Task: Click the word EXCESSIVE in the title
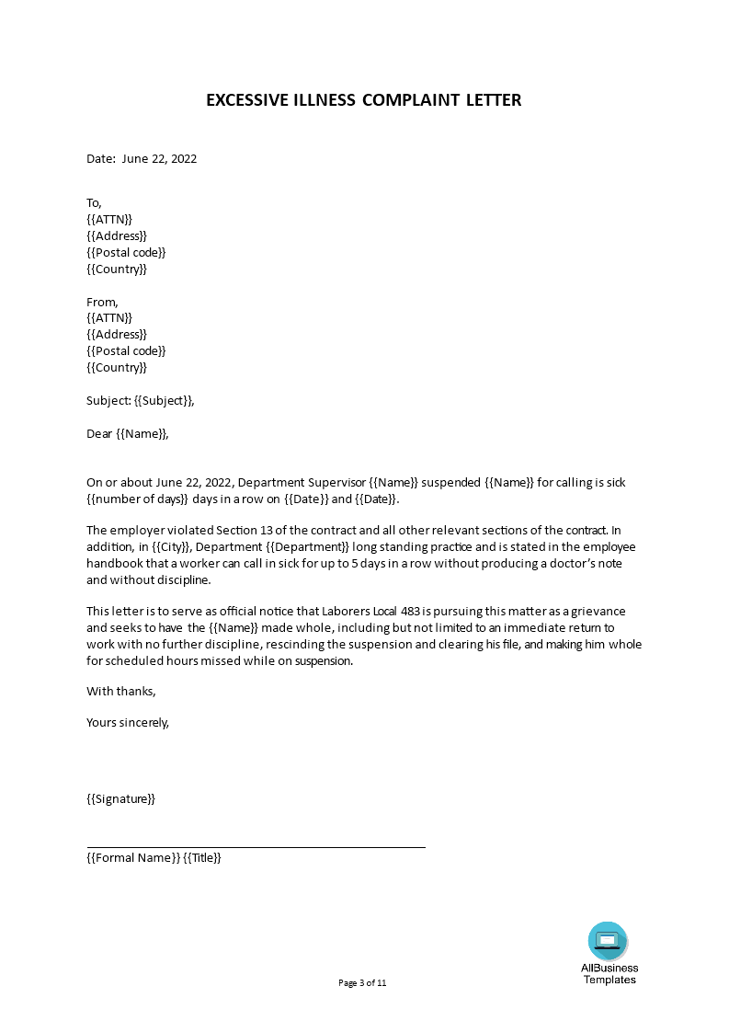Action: coord(241,99)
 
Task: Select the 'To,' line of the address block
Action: coord(95,202)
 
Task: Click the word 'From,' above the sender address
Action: coord(102,302)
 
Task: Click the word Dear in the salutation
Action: coord(99,433)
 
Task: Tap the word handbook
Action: coord(117,564)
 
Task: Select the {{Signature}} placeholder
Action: coord(120,798)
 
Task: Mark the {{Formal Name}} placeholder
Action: coord(132,857)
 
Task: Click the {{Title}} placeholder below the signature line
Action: coord(202,857)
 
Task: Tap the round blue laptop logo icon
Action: coord(608,940)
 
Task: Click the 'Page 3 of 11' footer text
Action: coord(363,982)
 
